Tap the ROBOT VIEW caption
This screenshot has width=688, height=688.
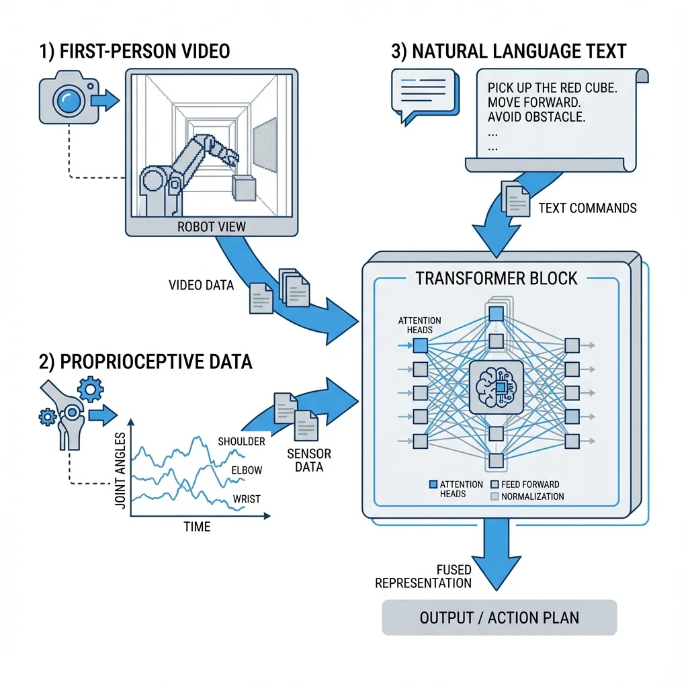(212, 227)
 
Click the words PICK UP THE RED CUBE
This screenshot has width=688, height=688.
(552, 88)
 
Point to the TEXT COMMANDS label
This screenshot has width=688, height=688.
(587, 208)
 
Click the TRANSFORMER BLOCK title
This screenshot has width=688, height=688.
(497, 279)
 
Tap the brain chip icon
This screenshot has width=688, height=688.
(497, 388)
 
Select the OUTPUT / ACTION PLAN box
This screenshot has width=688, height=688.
(499, 617)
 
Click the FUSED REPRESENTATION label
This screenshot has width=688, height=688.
(423, 576)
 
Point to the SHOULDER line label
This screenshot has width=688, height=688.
(241, 441)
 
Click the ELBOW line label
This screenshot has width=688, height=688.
(247, 470)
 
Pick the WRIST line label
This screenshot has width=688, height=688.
(247, 499)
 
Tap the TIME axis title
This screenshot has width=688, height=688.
(197, 527)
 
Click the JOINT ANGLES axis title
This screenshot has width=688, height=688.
(120, 470)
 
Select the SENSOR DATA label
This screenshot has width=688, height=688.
(309, 460)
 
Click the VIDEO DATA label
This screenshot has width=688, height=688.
(202, 285)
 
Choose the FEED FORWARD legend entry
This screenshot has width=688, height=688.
(525, 484)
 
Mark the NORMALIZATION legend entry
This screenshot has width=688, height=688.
(527, 497)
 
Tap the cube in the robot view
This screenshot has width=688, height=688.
(243, 188)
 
